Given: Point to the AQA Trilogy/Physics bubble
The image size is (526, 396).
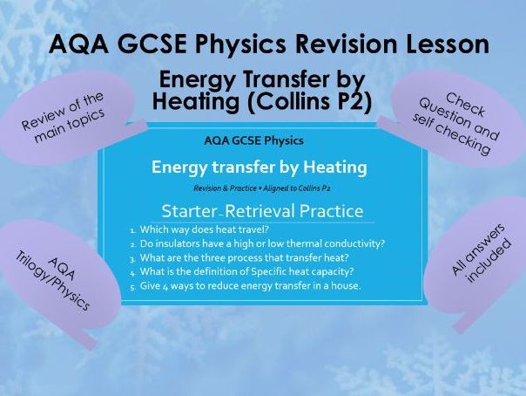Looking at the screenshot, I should tap(66, 275).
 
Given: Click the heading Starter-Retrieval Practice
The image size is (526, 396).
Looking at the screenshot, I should tap(262, 210).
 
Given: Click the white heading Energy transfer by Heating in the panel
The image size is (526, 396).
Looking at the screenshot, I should tap(259, 166).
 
